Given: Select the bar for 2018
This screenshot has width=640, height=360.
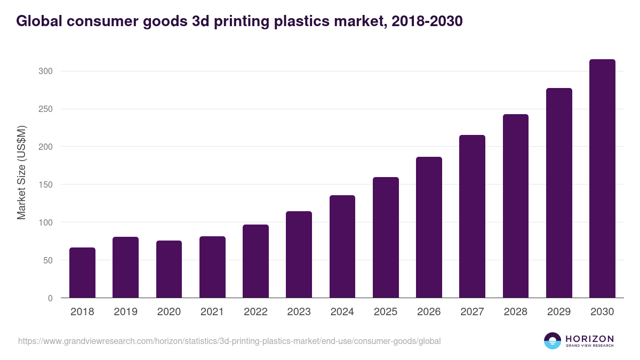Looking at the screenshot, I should [82, 273].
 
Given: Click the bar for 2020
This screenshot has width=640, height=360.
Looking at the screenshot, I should [169, 269].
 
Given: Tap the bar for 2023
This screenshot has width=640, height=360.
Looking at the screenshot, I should [299, 254].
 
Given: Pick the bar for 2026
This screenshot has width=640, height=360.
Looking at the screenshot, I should [429, 227].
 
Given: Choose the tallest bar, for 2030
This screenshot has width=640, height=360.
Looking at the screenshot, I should [602, 179].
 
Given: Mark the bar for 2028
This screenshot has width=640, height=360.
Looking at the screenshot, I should [515, 206].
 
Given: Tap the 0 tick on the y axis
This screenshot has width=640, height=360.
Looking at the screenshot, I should [50, 298].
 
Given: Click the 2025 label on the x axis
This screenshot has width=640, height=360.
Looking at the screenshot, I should [386, 312].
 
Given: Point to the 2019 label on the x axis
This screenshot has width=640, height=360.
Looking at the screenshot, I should [125, 312].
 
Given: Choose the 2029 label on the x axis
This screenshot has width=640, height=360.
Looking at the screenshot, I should [559, 312].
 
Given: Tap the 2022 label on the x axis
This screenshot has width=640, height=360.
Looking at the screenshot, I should [255, 312].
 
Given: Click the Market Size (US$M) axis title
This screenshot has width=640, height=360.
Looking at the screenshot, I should [21, 173].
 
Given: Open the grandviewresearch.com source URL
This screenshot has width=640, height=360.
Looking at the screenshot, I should [229, 341].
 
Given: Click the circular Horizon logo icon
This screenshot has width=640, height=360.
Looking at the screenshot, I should [553, 341].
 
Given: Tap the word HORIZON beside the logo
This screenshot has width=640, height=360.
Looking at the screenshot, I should [589, 338].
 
